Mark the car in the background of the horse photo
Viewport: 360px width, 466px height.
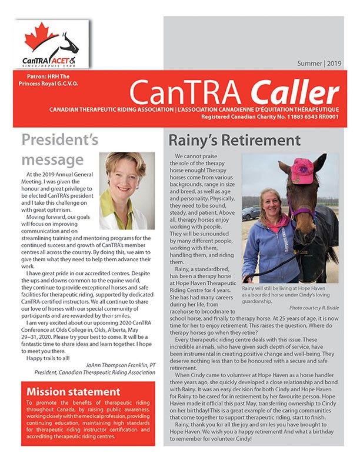(x=251, y=212)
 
